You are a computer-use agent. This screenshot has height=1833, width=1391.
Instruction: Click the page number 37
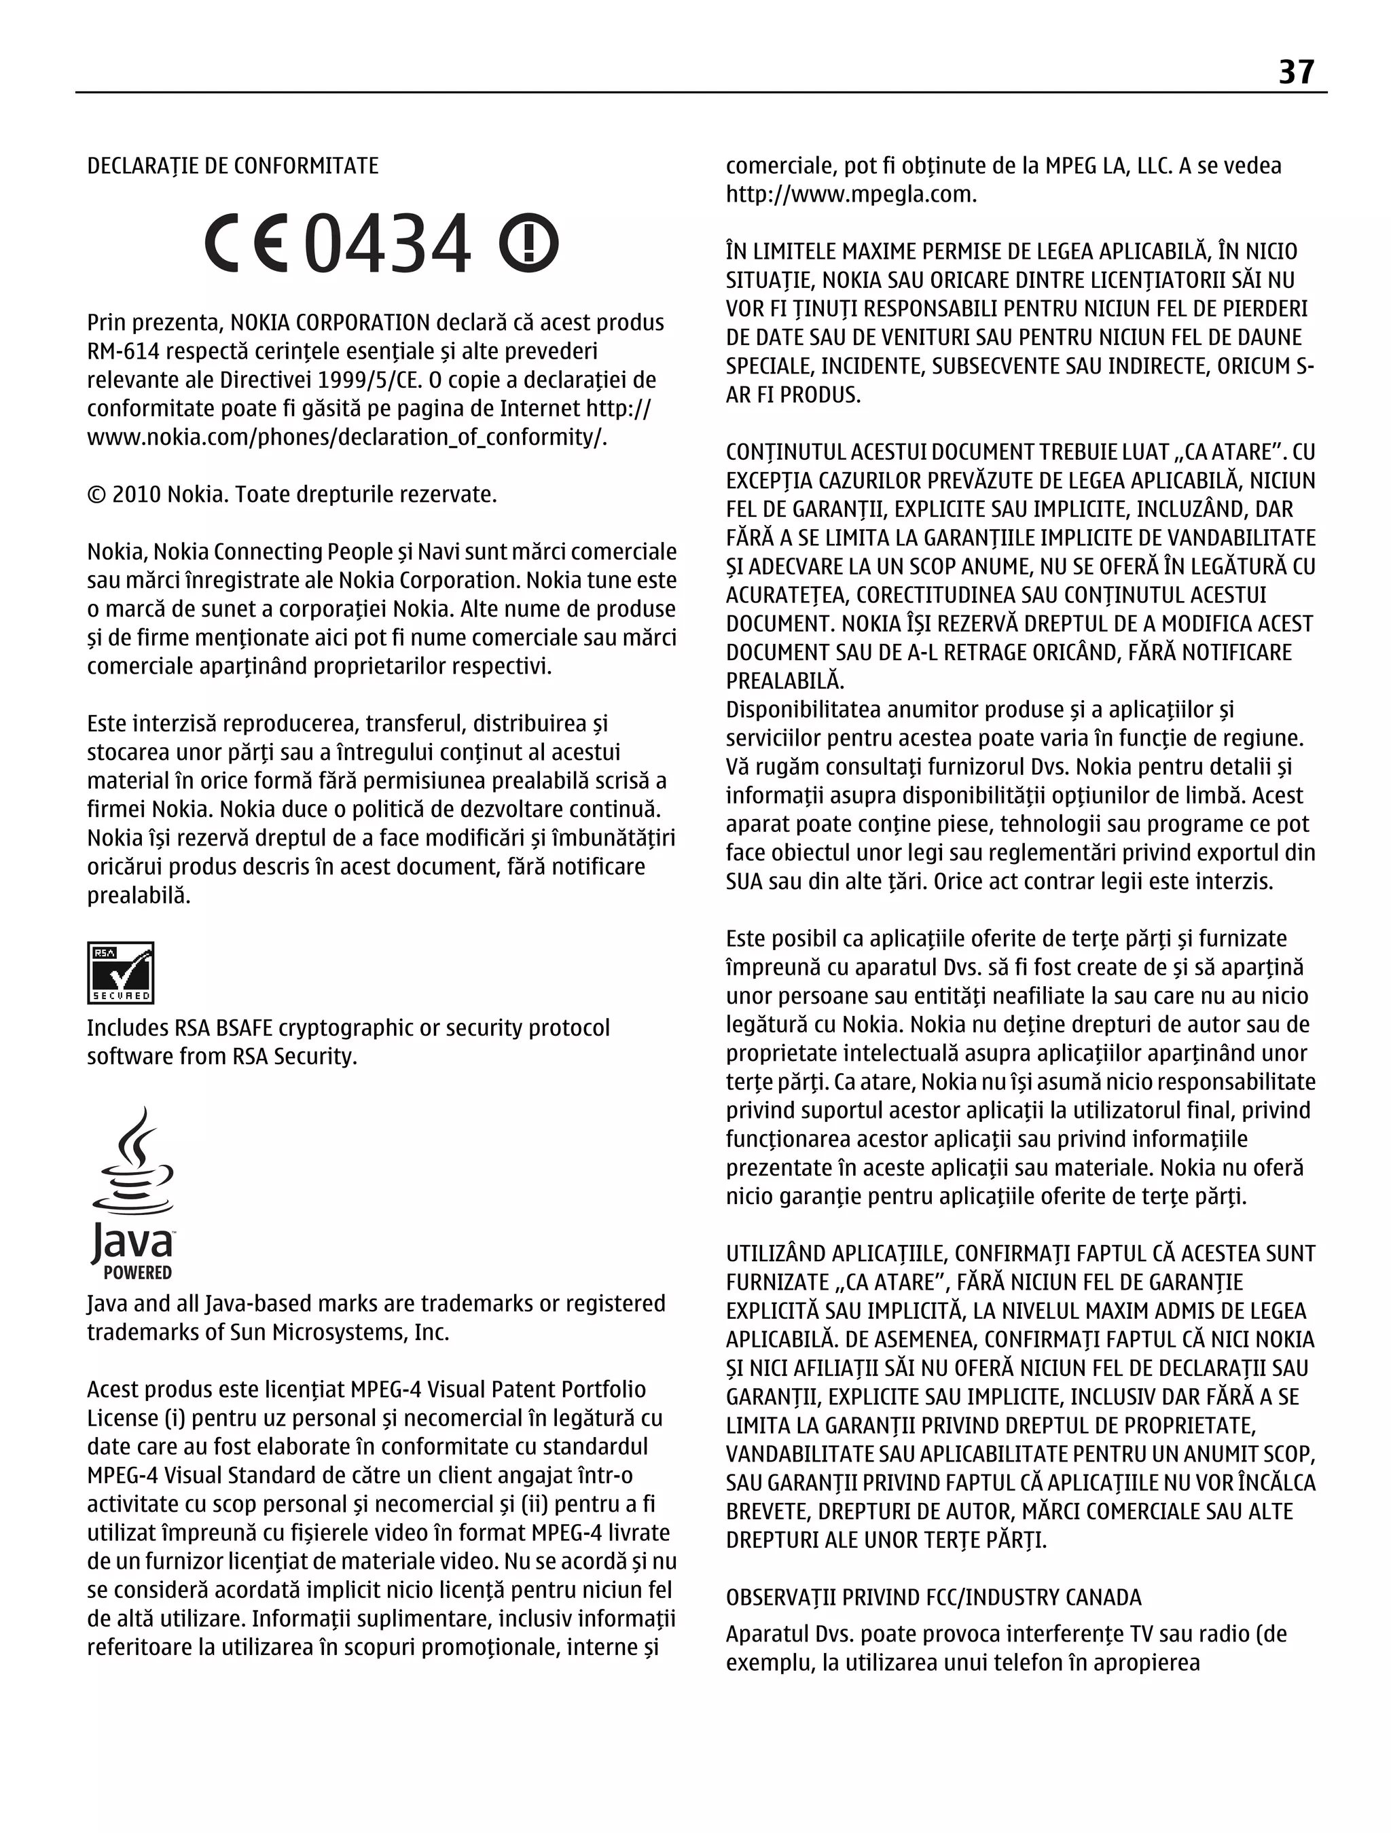pos(1296,72)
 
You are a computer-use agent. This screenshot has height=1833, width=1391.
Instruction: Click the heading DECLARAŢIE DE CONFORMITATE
pos(232,166)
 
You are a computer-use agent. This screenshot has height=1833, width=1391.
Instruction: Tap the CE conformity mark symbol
pos(245,244)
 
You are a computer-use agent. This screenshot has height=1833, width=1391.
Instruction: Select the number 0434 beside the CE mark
pos(388,244)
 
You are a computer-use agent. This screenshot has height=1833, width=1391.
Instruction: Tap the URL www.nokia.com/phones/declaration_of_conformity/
pos(346,437)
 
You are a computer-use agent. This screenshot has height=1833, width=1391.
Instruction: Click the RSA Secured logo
pos(120,972)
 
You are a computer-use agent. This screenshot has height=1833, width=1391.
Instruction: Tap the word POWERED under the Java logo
pos(138,1273)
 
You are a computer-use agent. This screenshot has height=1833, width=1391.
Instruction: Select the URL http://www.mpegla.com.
pos(850,195)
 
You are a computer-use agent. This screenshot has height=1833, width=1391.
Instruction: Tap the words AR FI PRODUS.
pos(793,395)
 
